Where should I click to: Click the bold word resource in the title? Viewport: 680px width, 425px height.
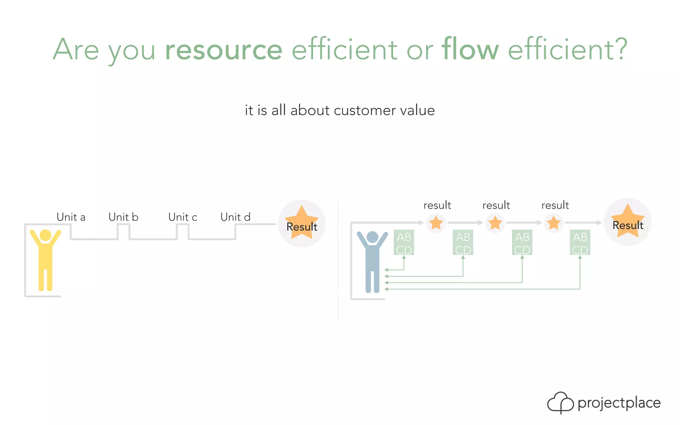[223, 50]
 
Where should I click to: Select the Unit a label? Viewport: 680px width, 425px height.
[71, 217]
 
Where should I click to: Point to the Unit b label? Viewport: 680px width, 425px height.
[123, 217]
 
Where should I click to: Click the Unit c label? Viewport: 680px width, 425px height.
[183, 217]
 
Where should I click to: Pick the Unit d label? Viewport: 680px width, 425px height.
[235, 217]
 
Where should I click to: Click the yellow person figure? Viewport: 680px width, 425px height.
[45, 259]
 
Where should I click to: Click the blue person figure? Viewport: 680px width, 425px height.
[372, 261]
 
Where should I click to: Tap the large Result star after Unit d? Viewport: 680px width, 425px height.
[301, 224]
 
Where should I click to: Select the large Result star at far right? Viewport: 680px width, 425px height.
[628, 222]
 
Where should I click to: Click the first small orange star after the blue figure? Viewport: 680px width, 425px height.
[436, 223]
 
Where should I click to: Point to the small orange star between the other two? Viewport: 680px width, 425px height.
[495, 223]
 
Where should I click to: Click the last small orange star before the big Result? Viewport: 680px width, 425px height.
[554, 223]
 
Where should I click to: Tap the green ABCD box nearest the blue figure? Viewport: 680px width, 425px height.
[404, 243]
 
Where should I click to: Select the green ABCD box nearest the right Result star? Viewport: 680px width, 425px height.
[580, 243]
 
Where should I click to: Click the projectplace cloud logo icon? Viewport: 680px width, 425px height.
[560, 402]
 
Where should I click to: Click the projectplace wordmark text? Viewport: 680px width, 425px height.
[619, 403]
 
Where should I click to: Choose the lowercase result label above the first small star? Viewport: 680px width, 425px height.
[437, 206]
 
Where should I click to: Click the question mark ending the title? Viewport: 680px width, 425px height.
[620, 50]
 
